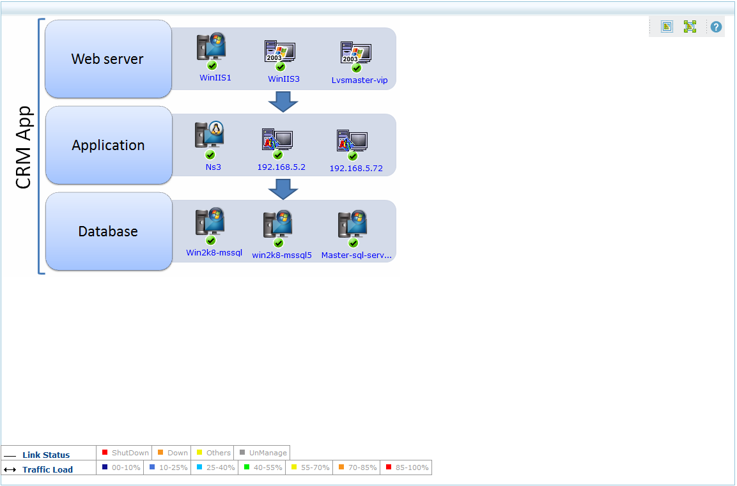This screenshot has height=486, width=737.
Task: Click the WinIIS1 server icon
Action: point(212,47)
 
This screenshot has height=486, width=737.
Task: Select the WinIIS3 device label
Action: point(284,79)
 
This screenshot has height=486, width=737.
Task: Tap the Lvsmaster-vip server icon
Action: point(356,52)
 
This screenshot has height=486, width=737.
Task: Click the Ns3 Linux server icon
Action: point(210,135)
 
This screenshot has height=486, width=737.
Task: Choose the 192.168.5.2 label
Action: point(281,167)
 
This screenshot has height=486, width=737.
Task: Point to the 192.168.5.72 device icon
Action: point(352,140)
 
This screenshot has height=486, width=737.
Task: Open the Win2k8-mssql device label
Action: point(214,252)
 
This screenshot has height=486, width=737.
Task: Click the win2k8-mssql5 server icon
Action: point(278,224)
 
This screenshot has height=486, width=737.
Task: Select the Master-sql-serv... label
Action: point(357,254)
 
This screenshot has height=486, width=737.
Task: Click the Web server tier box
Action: point(108,59)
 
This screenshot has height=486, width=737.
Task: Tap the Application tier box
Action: point(108,145)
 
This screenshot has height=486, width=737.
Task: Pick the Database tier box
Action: point(108,231)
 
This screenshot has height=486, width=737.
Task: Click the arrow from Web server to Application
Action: point(283,102)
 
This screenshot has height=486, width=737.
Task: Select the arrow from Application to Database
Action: point(283,188)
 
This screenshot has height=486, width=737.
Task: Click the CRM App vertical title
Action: point(24,148)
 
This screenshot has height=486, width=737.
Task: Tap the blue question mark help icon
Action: point(716,27)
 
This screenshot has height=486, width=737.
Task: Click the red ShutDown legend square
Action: point(105,453)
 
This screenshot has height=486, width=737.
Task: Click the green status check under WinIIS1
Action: point(212,66)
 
